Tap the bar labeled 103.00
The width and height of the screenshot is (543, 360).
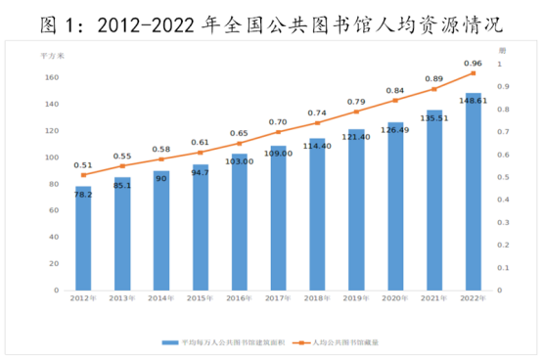point(240,221)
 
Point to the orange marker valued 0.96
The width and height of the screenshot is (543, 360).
point(474,73)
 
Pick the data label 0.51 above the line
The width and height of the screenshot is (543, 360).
point(83,165)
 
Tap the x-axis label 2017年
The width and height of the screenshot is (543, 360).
point(279,299)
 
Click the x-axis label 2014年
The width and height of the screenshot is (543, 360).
point(161,299)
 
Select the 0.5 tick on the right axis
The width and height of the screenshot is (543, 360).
point(501,177)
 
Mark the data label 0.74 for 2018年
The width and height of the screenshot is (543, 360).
point(318,113)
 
